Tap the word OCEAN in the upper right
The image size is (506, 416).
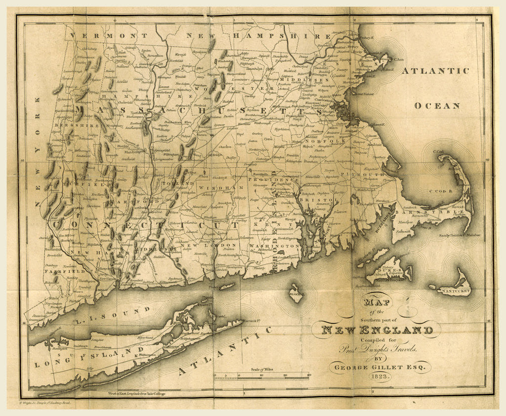click(437, 105)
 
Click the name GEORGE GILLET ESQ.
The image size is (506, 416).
click(374, 367)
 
